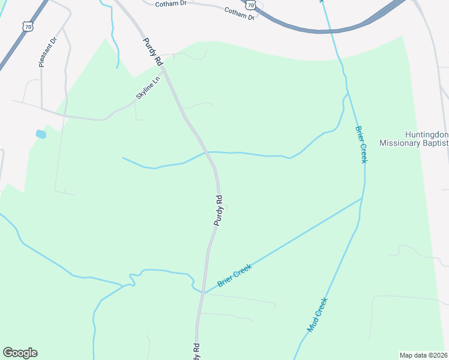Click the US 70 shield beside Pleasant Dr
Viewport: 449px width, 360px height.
27,27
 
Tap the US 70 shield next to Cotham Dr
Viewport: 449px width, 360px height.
251,5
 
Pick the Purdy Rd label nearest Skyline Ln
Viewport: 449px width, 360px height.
153,52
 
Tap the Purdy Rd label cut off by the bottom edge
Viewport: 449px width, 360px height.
196,352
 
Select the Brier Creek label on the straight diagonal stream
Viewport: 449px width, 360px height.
235,275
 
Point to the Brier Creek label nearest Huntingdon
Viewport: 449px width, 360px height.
360,144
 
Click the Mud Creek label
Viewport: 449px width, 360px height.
317,315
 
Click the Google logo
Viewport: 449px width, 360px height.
20,353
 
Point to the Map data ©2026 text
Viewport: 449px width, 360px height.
423,355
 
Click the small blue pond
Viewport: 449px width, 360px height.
41,134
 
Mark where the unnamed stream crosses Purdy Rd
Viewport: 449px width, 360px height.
208,152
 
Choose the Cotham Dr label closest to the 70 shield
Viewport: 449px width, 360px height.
239,14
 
